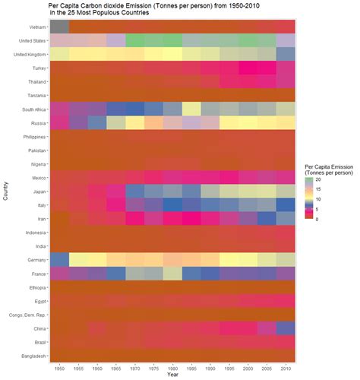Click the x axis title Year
(173, 375)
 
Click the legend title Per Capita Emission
(327, 166)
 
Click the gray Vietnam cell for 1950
(59, 27)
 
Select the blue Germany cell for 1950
(59, 259)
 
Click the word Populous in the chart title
(113, 13)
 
